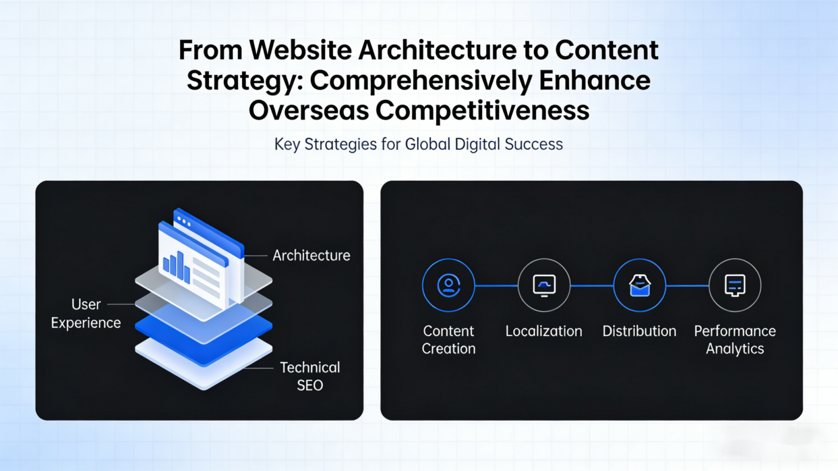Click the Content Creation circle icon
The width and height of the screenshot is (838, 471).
point(448,285)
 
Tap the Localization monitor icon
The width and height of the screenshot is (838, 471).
point(544,285)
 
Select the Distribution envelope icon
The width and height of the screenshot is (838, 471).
point(639,285)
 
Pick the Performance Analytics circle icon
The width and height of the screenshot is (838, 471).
point(734,285)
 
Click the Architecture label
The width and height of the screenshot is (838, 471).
point(311,256)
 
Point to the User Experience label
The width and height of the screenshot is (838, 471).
point(86,313)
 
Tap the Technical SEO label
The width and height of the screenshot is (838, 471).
point(310,376)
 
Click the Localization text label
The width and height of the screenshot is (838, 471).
point(544,331)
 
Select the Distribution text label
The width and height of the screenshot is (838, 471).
point(639,331)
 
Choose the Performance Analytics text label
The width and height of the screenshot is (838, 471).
point(734,340)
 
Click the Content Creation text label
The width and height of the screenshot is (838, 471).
point(448,340)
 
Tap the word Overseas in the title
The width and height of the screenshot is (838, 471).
point(308,111)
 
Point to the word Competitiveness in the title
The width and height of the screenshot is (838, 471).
point(482,111)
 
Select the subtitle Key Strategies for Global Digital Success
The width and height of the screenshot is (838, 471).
point(418,144)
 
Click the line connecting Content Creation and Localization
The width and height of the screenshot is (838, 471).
point(496,286)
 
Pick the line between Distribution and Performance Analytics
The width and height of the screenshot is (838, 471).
point(687,286)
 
